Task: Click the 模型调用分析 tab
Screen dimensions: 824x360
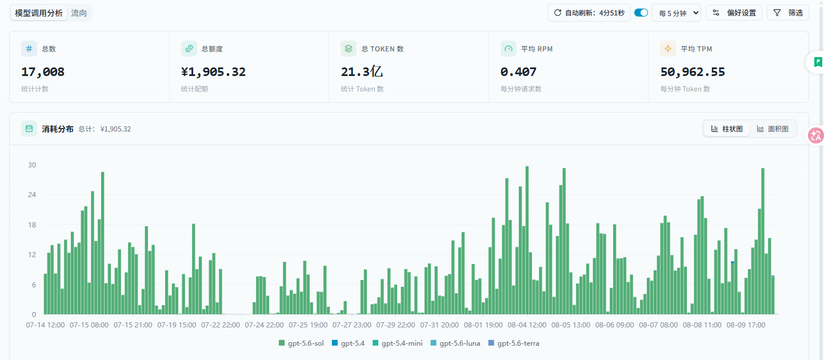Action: click(x=39, y=13)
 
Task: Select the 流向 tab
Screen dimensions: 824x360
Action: click(x=79, y=13)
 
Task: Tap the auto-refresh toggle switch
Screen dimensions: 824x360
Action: click(x=641, y=13)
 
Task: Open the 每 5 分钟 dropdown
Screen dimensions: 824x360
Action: click(x=676, y=13)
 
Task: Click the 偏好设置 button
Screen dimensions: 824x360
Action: click(x=734, y=13)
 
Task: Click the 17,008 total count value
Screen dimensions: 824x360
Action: click(x=43, y=71)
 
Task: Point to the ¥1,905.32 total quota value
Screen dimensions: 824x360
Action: click(x=213, y=71)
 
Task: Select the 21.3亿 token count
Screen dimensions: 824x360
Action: click(x=362, y=71)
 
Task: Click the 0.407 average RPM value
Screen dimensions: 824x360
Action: click(x=518, y=71)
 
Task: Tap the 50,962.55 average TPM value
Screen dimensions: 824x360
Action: click(x=693, y=71)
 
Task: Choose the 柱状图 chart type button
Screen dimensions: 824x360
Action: click(x=726, y=129)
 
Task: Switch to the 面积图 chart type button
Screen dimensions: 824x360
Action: click(x=773, y=129)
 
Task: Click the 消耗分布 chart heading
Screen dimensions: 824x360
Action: click(x=58, y=129)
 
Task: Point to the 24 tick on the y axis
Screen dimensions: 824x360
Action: click(x=32, y=194)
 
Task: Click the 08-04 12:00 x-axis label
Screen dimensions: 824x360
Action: click(x=527, y=325)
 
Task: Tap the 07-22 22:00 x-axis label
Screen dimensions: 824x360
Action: click(x=221, y=325)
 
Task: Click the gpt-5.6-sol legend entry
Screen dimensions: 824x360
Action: click(x=301, y=343)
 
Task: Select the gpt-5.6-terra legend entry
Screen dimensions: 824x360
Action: click(x=514, y=343)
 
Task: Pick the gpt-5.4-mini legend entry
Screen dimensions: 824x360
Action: click(x=397, y=343)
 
